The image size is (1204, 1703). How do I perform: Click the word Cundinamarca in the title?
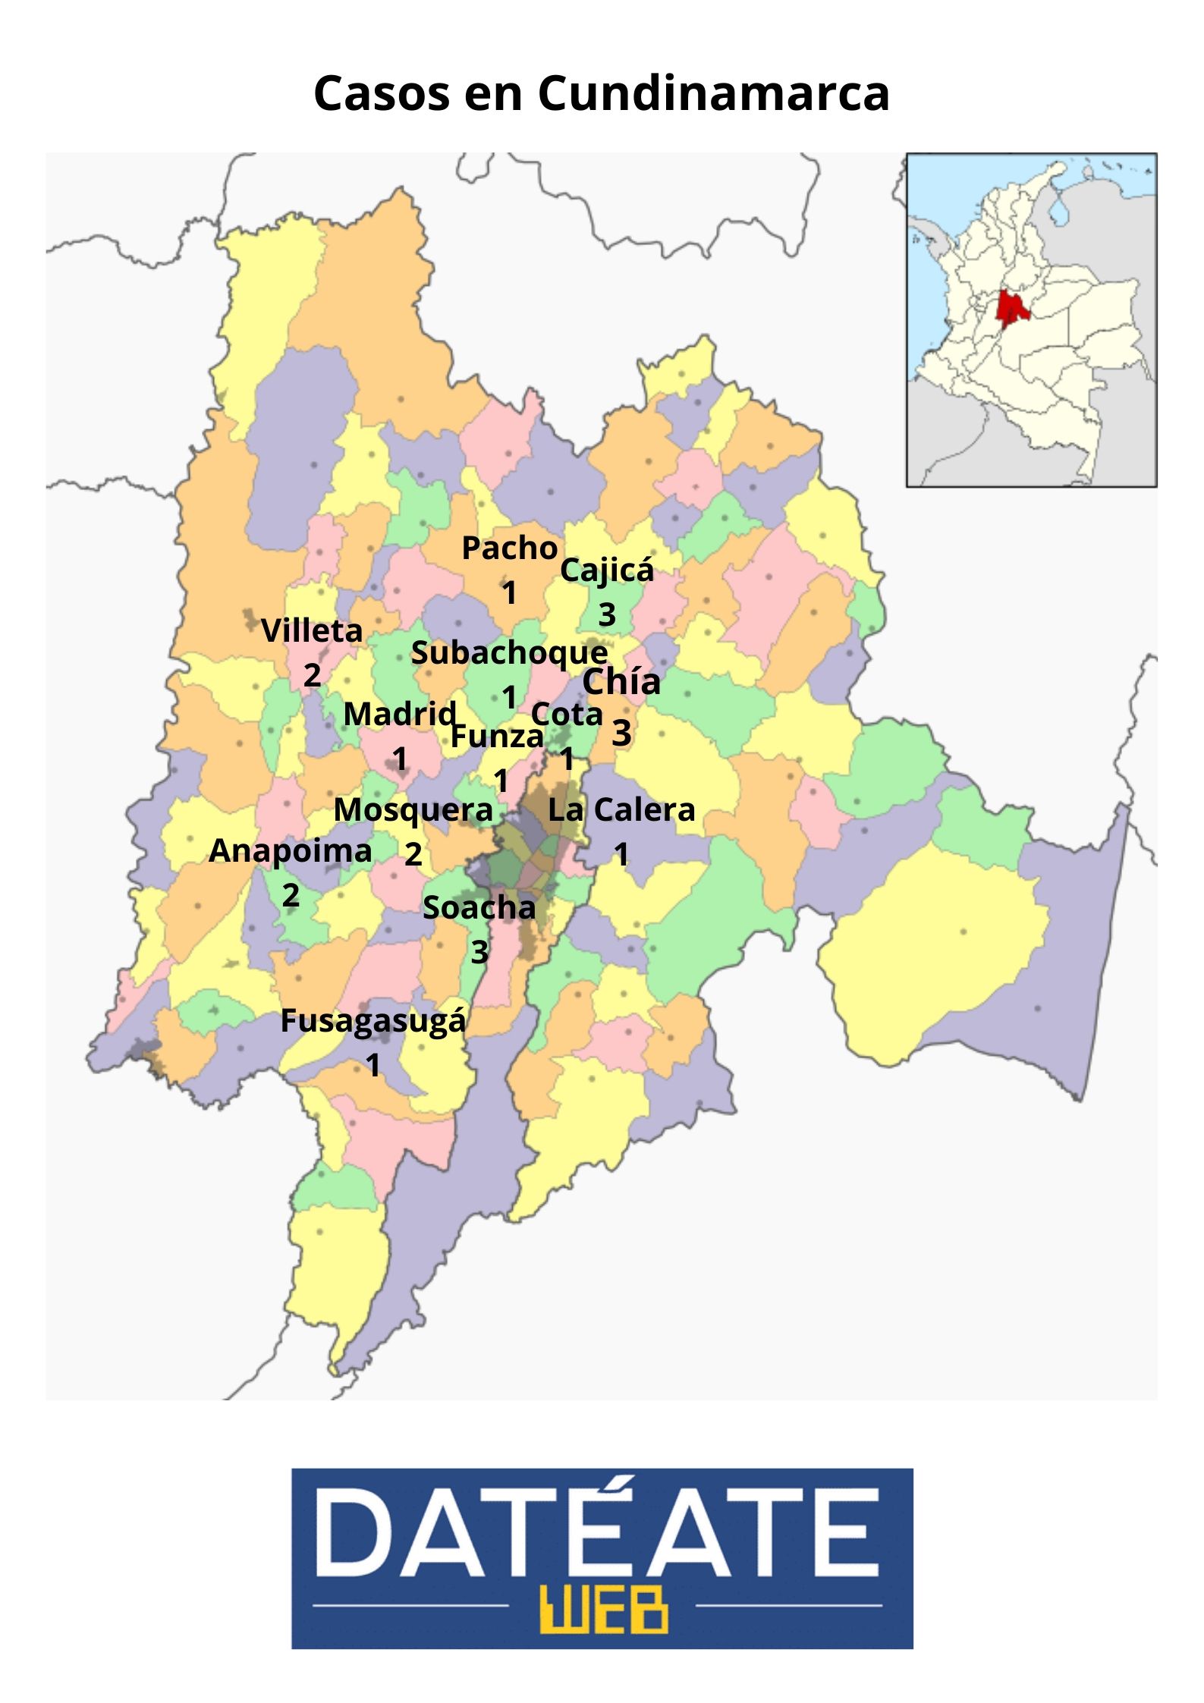click(713, 94)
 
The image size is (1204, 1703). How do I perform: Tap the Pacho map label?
click(510, 548)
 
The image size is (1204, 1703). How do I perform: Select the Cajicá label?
click(606, 571)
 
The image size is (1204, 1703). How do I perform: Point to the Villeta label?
click(312, 631)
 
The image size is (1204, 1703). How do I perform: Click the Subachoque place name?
click(509, 653)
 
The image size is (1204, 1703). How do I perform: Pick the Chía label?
click(621, 682)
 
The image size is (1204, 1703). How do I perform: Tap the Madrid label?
click(400, 715)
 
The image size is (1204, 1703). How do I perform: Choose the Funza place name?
click(497, 736)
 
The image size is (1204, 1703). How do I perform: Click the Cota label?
click(567, 715)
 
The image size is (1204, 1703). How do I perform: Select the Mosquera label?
click(413, 810)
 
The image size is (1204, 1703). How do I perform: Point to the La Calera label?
click(621, 810)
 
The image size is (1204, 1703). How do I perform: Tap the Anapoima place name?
click(291, 851)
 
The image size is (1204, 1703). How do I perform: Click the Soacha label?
click(479, 907)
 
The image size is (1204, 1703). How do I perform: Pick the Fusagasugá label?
click(373, 1021)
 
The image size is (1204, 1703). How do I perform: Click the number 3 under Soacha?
click(479, 951)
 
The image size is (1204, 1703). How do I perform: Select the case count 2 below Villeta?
click(312, 674)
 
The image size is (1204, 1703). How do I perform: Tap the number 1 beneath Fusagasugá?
click(373, 1066)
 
